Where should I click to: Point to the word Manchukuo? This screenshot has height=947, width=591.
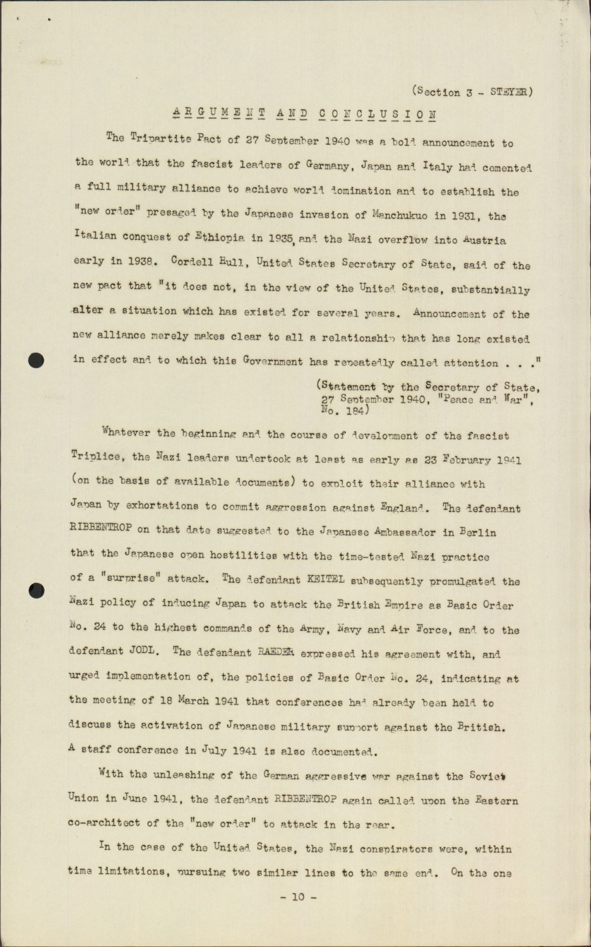399,215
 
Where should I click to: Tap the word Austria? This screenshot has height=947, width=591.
484,240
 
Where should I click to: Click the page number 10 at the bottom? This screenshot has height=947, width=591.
297,896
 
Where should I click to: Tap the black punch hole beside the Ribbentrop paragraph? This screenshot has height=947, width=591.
37,591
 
